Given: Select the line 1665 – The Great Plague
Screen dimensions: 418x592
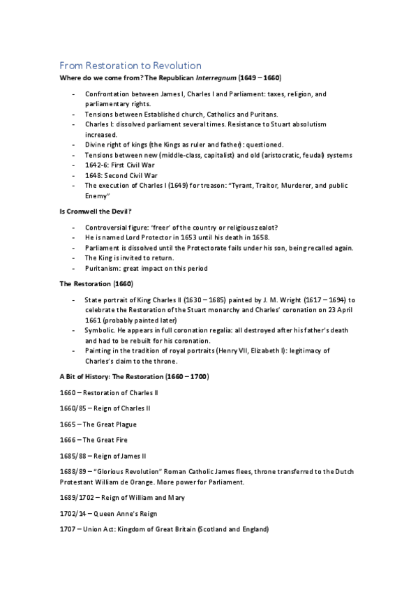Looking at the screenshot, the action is pos(98,424).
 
